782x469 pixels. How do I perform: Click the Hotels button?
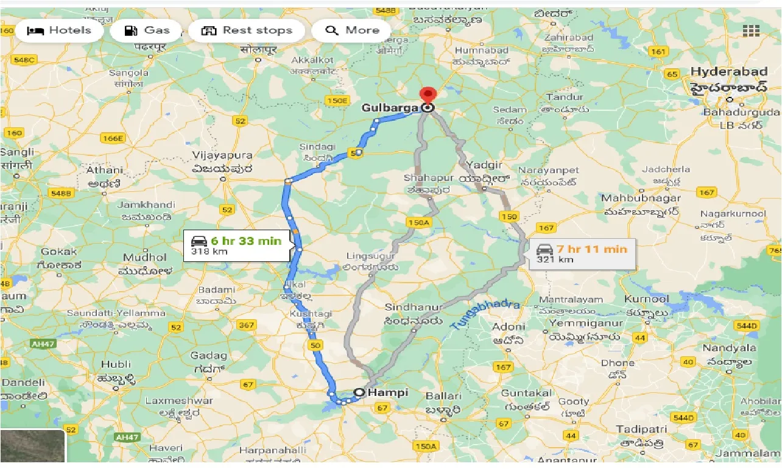tap(59, 30)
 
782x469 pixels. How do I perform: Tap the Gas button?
tap(147, 30)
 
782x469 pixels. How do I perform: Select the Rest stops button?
tap(247, 30)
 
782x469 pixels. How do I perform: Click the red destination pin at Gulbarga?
tap(429, 96)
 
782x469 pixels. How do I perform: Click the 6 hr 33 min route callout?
tap(236, 245)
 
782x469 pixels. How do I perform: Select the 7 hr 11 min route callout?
tap(582, 253)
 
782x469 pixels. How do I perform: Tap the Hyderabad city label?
tap(728, 72)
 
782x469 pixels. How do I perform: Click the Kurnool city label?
tap(646, 300)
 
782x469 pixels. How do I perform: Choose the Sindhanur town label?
tap(413, 307)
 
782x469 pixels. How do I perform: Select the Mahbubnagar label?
tap(640, 199)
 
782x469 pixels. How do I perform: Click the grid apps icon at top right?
tap(751, 30)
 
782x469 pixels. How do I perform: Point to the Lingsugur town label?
tap(371, 256)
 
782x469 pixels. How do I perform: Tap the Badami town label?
tap(216, 290)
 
